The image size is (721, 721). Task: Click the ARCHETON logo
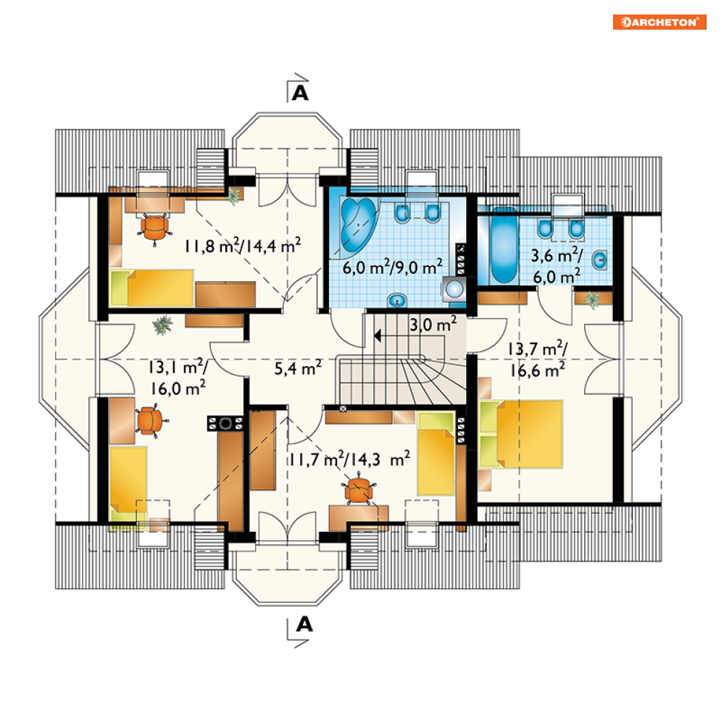pos(659,22)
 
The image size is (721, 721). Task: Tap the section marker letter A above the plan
pos(300,93)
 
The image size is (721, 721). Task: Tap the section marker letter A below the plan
pos(304,625)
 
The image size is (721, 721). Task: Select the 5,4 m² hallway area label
pos(298,368)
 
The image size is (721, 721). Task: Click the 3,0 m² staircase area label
pos(433,324)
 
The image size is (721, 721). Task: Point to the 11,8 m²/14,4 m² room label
pos(243,246)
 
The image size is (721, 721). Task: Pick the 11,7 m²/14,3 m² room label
pos(350,459)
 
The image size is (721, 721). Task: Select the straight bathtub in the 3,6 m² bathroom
pos(504,246)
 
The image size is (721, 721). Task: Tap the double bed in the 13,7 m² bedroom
pos(521,434)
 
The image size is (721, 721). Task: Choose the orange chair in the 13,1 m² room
pos(151,420)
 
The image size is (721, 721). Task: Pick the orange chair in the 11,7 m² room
pos(359,491)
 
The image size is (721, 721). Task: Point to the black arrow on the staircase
pos(378,336)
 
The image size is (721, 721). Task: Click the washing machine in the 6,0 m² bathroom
pos(454,289)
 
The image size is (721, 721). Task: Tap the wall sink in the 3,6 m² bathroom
pos(599,260)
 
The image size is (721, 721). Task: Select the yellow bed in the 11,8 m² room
pos(151,288)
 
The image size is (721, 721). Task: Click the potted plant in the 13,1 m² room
pos(162,325)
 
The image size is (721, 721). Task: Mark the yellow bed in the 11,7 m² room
pos(436,454)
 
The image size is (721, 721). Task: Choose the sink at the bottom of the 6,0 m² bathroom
pos(397,301)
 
